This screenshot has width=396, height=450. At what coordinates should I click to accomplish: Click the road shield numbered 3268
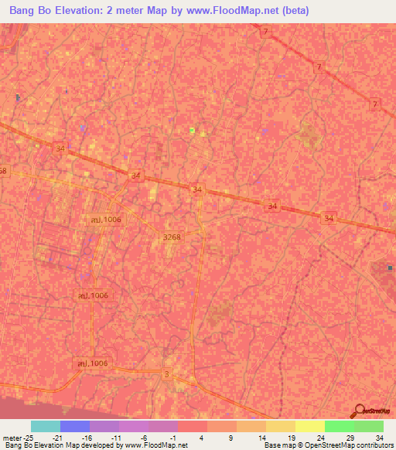[x=172, y=237]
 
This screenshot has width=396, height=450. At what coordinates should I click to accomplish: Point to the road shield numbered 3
[x=167, y=374]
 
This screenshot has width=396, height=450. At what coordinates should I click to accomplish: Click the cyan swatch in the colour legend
[x=46, y=426]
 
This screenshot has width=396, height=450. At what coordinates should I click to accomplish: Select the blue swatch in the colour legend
[x=75, y=426]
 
